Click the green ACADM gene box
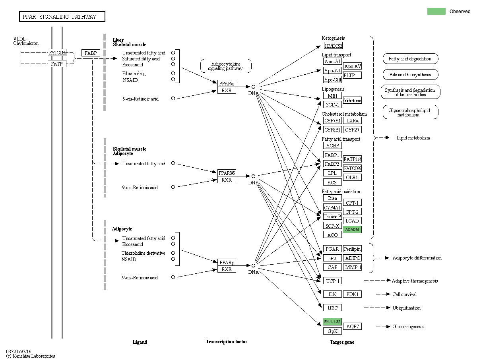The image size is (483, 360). point(352,230)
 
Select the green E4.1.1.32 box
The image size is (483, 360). point(332,321)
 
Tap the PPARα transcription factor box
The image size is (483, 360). point(227,83)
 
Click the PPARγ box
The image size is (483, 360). point(227,262)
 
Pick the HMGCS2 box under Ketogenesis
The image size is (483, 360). point(333,46)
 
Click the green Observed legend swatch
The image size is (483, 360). point(436,12)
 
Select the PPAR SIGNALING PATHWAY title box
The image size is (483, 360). point(62,17)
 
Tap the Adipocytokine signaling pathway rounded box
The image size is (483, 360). point(226,66)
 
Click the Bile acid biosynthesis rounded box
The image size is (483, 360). point(410,75)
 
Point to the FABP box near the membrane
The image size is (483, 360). point(91,53)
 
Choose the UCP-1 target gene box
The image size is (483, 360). point(332,281)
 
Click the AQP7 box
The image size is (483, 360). point(352,327)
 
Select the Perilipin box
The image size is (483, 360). point(352,249)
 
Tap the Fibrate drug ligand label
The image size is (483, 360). point(134,74)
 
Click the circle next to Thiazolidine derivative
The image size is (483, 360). point(173,253)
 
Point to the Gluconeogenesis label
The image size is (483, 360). point(408,327)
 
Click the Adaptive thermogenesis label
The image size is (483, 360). point(415,281)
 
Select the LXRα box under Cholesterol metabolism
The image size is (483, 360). point(352,121)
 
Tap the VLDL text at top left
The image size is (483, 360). point(19,39)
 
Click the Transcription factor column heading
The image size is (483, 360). point(226,342)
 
